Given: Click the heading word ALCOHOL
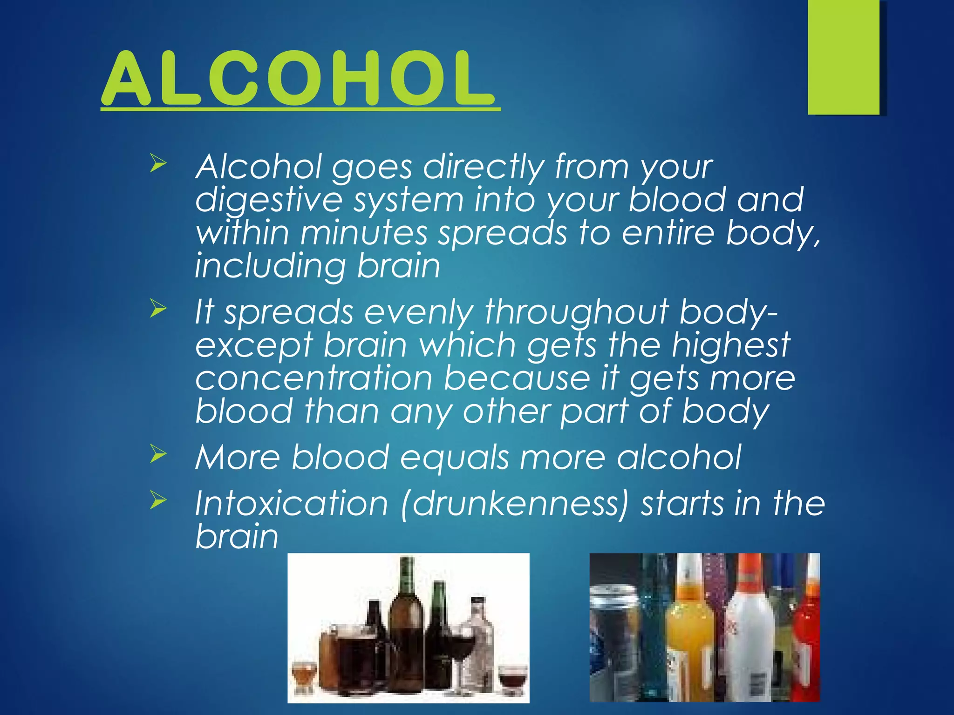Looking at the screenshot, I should click(299, 78).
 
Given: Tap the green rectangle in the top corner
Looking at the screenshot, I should click(844, 57).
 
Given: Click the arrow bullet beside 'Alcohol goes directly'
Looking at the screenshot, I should click(158, 164).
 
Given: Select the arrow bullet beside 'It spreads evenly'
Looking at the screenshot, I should click(158, 309).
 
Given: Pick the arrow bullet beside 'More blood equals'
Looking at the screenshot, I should click(158, 454).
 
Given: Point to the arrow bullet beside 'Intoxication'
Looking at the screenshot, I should click(158, 501).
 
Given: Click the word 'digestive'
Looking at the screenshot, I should click(269, 200).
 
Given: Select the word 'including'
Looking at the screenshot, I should click(270, 266).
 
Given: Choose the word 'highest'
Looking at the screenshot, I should click(731, 345).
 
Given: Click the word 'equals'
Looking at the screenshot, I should click(454, 458).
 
